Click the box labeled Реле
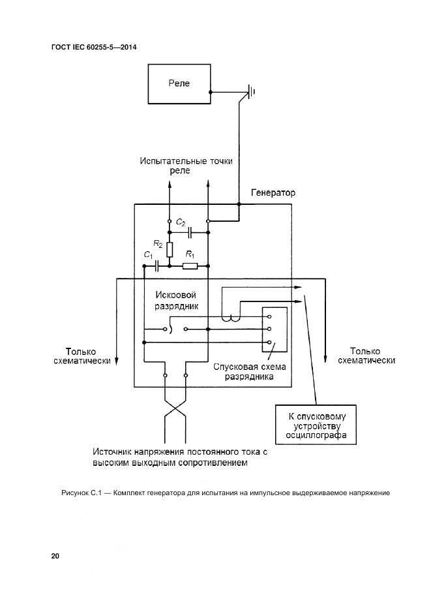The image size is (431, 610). (x=179, y=84)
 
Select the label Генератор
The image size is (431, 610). (x=273, y=193)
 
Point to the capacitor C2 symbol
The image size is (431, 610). (x=188, y=232)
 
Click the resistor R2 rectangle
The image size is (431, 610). (x=170, y=249)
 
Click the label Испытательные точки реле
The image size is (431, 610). (x=185, y=165)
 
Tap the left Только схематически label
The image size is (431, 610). (x=82, y=355)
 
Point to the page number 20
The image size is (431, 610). (x=55, y=556)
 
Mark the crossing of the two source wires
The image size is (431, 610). (x=175, y=411)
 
